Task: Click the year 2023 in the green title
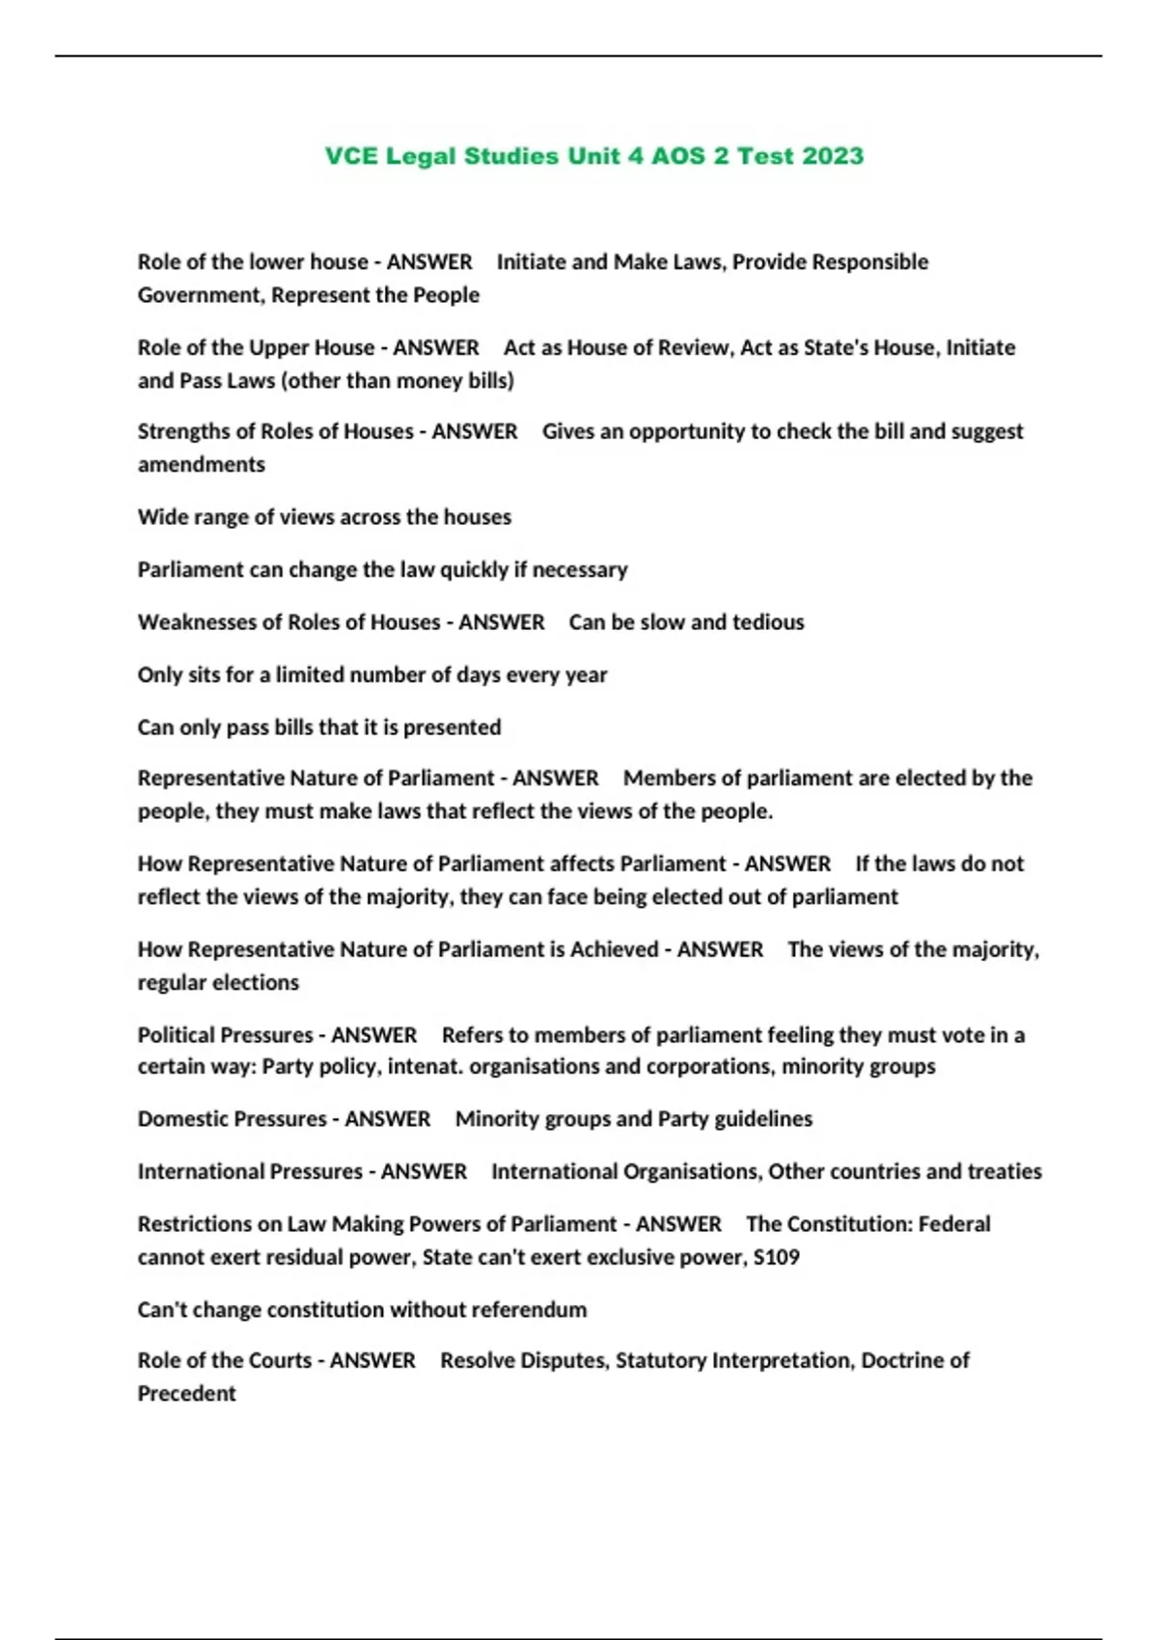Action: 833,156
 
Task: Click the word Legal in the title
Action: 421,156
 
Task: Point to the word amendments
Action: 201,465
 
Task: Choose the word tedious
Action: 767,622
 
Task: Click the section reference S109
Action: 776,1258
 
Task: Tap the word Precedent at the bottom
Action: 186,1394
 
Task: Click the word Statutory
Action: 660,1361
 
